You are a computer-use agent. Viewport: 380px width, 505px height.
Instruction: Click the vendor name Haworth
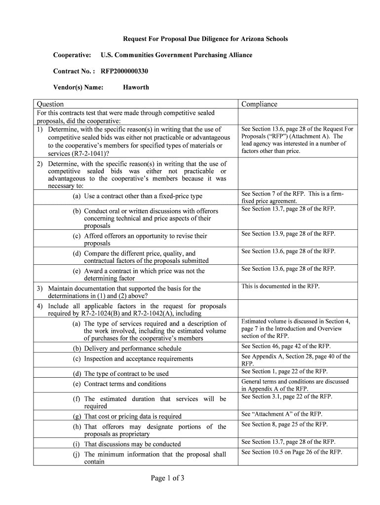[x=136, y=88]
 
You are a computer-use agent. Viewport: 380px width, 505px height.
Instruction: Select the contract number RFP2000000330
[x=124, y=72]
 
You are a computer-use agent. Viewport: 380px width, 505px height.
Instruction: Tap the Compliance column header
[x=259, y=104]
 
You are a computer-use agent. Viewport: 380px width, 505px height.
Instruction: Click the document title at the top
[x=205, y=38]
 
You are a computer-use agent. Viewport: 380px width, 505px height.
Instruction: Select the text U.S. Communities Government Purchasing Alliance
[x=176, y=55]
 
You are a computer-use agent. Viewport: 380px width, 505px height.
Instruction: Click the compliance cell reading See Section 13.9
[x=288, y=234]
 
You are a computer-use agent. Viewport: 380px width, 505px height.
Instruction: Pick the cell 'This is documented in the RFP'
[x=280, y=286]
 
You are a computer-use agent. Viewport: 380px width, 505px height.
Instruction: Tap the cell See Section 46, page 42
[x=286, y=346]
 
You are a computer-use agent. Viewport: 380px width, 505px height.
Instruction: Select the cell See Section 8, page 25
[x=284, y=424]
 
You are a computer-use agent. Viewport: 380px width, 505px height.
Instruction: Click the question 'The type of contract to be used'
[x=126, y=374]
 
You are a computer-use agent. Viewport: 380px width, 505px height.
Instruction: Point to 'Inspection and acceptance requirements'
[x=139, y=359]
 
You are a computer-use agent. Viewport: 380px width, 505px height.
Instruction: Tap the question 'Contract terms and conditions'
[x=125, y=384]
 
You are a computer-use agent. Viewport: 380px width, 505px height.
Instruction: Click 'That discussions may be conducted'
[x=132, y=444]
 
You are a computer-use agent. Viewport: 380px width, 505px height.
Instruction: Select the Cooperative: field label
[x=72, y=55]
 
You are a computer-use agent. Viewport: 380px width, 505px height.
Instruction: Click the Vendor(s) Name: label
[x=78, y=88]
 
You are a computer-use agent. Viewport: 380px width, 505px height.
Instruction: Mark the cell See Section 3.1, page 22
[x=287, y=397]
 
